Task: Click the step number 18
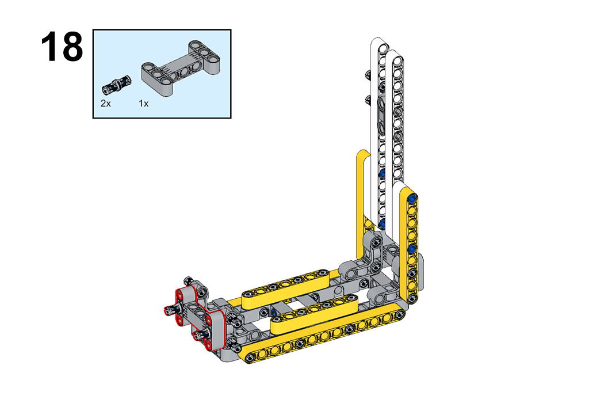click(62, 47)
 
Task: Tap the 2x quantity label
click(106, 104)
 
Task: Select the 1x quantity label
click(143, 104)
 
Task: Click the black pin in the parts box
click(117, 85)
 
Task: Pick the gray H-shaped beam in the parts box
click(180, 68)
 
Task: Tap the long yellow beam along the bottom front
click(323, 333)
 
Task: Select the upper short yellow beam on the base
click(285, 288)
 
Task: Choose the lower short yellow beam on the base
click(314, 314)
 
